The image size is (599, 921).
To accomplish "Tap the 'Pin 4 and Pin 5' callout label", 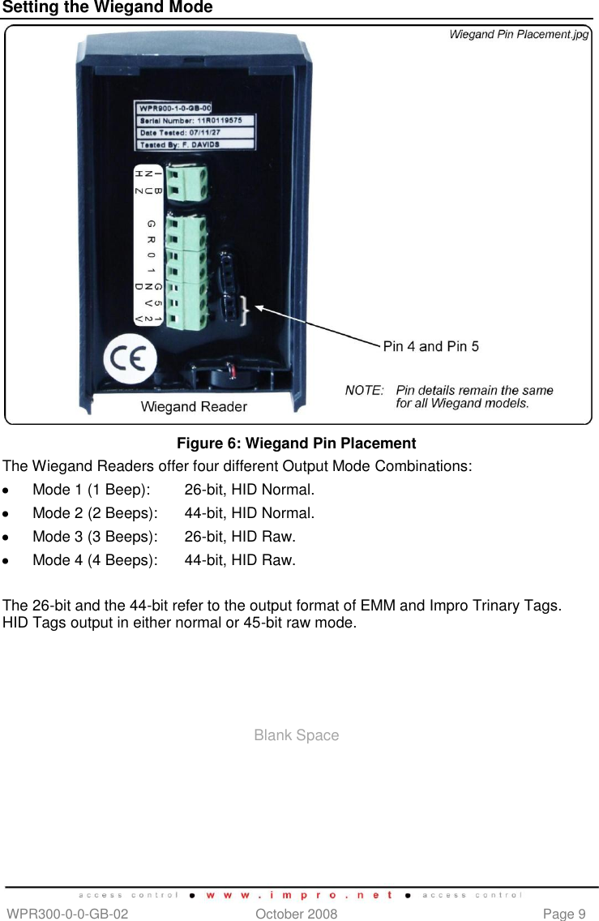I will tap(430, 346).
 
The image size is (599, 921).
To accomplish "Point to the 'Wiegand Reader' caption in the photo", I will tap(194, 406).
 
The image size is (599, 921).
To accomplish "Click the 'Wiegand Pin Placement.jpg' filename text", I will tap(519, 34).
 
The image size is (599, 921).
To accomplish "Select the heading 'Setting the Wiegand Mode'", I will tap(107, 8).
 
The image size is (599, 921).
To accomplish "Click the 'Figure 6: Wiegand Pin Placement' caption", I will tap(296, 443).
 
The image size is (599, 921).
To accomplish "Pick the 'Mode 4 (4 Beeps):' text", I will tap(95, 559).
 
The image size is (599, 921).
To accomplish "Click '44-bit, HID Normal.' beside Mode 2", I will tap(250, 513).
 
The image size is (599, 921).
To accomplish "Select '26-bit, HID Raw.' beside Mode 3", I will tap(240, 536).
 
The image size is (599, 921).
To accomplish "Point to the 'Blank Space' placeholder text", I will tap(296, 735).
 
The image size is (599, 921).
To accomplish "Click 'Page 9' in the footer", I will tap(564, 914).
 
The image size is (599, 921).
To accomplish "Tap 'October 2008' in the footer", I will tap(296, 914).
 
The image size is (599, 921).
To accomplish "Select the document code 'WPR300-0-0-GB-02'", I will tap(66, 914).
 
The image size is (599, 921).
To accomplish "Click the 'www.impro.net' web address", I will tap(299, 896).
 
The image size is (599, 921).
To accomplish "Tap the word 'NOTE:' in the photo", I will tap(364, 390).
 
